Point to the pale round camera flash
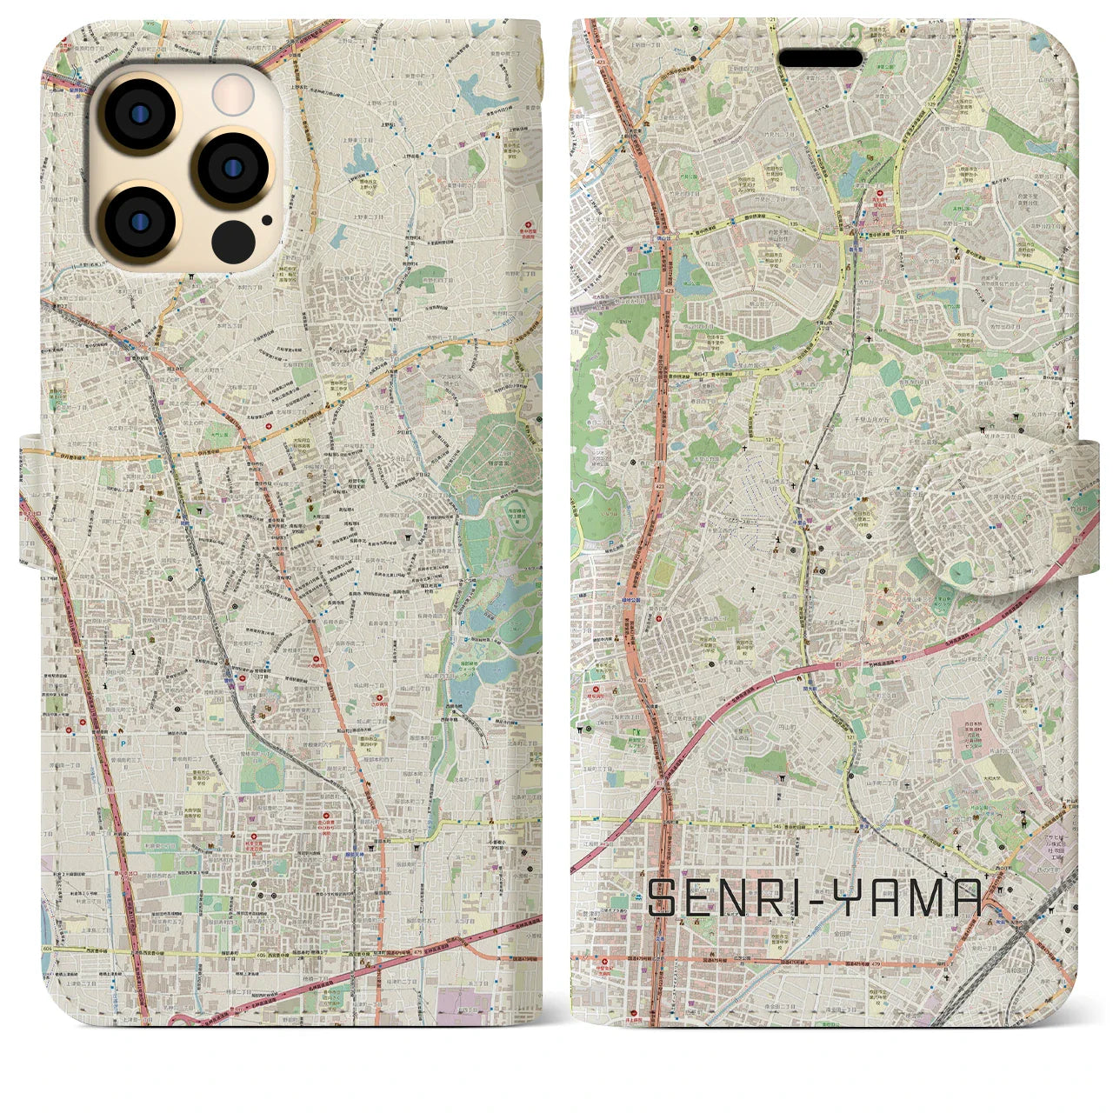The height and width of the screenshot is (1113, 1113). (232, 94)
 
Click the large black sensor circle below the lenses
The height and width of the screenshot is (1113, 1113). (232, 240)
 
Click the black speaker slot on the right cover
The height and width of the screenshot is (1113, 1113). (819, 58)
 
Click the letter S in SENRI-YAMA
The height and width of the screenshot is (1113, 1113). (666, 898)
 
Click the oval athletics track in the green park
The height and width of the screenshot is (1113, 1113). (663, 570)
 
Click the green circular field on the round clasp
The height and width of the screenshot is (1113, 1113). (960, 572)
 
